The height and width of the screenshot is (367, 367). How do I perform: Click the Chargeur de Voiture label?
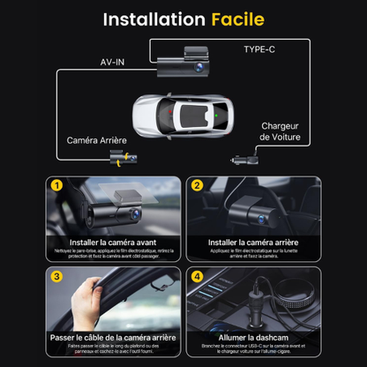pyautogui.click(x=281, y=131)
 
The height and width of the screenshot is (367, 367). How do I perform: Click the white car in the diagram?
pyautogui.click(x=183, y=114)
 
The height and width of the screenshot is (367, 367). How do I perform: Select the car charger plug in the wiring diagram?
pyautogui.click(x=243, y=162)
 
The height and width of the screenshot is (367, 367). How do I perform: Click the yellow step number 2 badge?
pyautogui.click(x=197, y=185)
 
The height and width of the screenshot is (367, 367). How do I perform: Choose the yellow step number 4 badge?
pyautogui.click(x=197, y=275)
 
